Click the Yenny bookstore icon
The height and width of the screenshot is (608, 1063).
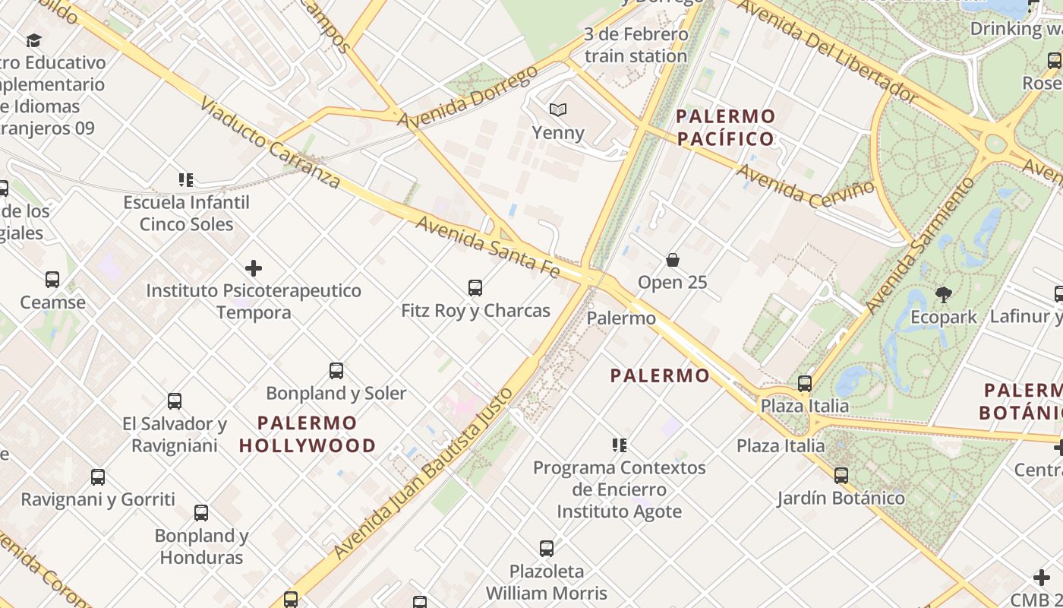pyautogui.click(x=558, y=110)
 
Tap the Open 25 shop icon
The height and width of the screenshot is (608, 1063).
pyautogui.click(x=672, y=260)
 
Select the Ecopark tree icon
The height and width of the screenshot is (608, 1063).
pyautogui.click(x=944, y=294)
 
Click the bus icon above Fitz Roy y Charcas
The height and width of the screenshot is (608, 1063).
pyautogui.click(x=475, y=288)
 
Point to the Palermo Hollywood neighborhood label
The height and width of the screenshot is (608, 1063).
pyautogui.click(x=308, y=434)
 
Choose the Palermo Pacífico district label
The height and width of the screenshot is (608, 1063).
pyautogui.click(x=725, y=128)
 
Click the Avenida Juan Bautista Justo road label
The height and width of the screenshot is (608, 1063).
pyautogui.click(x=421, y=471)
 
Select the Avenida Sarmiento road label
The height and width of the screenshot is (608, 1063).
pyautogui.click(x=921, y=245)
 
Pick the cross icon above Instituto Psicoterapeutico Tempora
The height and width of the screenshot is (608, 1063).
pyautogui.click(x=254, y=268)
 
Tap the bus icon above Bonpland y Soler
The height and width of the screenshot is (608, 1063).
pyautogui.click(x=336, y=371)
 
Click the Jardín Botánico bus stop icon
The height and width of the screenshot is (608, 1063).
pyautogui.click(x=841, y=476)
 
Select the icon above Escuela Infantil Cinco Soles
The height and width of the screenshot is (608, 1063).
pyautogui.click(x=186, y=180)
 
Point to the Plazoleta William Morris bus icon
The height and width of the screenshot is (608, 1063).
pyautogui.click(x=546, y=549)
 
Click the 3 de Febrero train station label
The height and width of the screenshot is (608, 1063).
pyautogui.click(x=636, y=45)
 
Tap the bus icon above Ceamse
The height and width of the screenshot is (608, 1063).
pyautogui.click(x=52, y=280)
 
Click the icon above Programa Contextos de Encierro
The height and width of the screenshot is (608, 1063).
pyautogui.click(x=620, y=445)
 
